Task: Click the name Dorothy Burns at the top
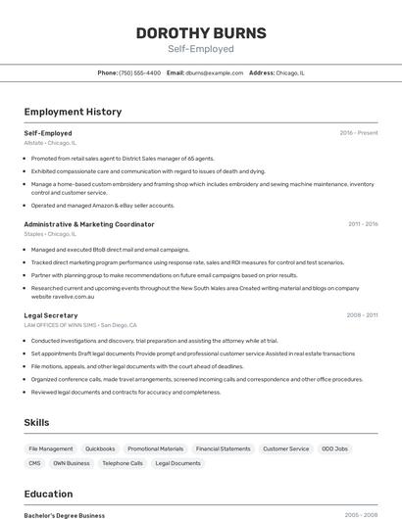[x=201, y=32]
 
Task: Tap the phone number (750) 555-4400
[x=139, y=73]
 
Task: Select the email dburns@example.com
[x=214, y=73]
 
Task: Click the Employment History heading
[x=73, y=112]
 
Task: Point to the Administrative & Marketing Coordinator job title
[x=88, y=224]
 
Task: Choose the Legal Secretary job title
[x=50, y=315]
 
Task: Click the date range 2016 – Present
[x=358, y=133]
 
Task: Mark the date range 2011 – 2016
[x=362, y=224]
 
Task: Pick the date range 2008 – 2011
[x=362, y=315]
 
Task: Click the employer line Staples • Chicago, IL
[x=49, y=234]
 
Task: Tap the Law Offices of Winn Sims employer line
[x=80, y=325]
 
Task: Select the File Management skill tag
[x=51, y=448]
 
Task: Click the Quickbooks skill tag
[x=100, y=448]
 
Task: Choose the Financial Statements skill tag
[x=223, y=448]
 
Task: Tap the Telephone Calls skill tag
[x=123, y=463]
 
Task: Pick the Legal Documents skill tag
[x=177, y=463]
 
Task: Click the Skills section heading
[x=37, y=422]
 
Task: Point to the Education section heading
[x=48, y=494]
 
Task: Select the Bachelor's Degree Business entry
[x=64, y=515]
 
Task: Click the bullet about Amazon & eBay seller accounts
[x=102, y=206]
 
